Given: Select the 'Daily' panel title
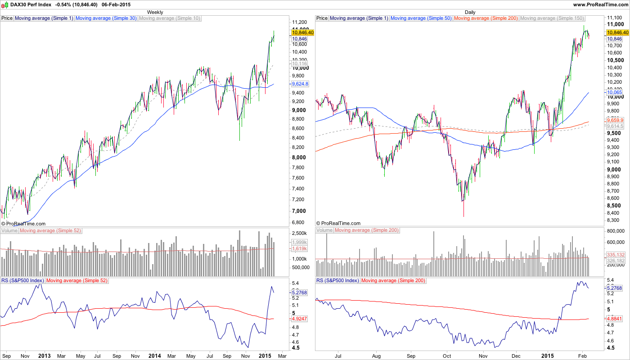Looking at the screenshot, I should pos(470,12).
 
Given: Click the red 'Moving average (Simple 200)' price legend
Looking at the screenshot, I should pos(486,18).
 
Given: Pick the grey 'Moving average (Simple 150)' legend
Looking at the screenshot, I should pos(552,18).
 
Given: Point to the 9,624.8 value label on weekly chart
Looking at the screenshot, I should pos(300,84).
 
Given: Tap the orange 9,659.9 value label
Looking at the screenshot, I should pos(615,121).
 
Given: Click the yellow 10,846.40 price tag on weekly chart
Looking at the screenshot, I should pos(302,32).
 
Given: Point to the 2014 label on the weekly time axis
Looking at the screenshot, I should pos(154,356).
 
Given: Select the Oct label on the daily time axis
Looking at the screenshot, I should pos(447,356).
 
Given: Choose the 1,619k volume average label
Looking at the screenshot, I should pos(300,248).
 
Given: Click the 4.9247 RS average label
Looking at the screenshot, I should pos(300,319).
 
